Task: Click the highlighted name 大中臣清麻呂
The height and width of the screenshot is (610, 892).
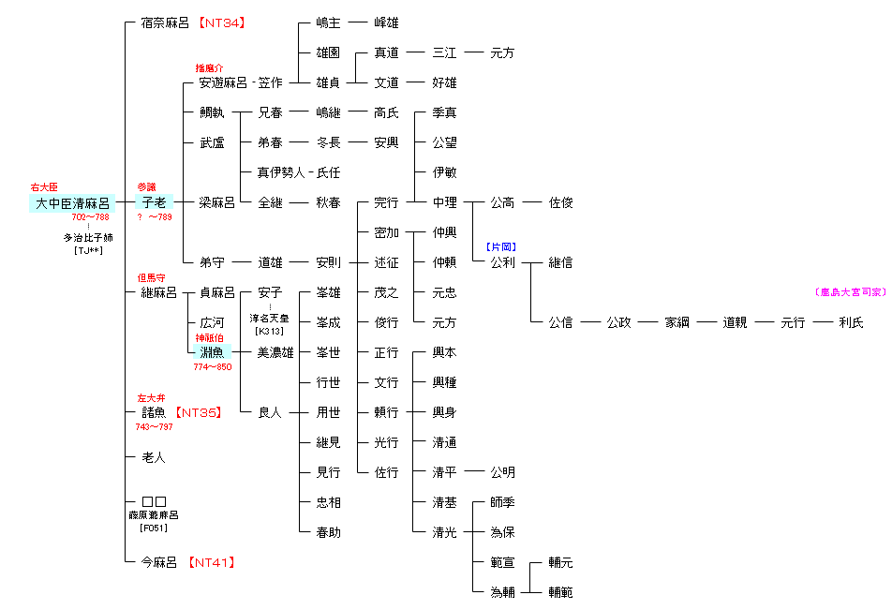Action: [x=72, y=203]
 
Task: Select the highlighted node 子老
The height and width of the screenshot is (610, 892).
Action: [x=153, y=202]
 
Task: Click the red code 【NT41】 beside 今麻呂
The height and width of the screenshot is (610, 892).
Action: [x=210, y=562]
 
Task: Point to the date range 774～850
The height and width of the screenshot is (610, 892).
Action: [x=212, y=367]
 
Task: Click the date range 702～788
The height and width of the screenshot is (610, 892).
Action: [x=90, y=217]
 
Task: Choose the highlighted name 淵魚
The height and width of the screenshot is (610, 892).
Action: [x=212, y=352]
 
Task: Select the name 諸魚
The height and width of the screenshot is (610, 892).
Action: [x=153, y=412]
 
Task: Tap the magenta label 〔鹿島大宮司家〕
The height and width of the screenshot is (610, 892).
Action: [x=850, y=292]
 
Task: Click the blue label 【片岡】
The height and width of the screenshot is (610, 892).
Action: [x=501, y=247]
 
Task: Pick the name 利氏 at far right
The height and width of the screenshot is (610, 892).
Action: [x=851, y=322]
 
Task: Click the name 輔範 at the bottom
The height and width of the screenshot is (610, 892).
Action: [x=560, y=592]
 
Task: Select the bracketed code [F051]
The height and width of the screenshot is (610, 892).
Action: [x=153, y=528]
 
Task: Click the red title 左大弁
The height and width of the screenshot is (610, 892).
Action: [x=151, y=397]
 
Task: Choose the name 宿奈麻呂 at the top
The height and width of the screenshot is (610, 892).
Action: [x=165, y=22]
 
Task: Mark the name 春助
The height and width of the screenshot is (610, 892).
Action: [x=328, y=532]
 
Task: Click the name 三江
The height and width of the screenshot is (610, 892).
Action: [x=444, y=52]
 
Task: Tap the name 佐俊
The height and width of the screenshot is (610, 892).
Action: [x=560, y=202]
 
